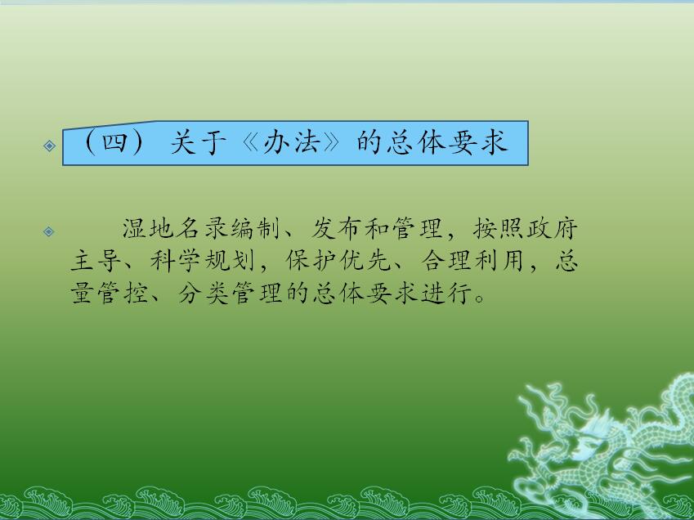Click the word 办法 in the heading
291,142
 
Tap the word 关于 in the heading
198,142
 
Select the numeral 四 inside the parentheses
114,142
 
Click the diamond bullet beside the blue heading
50,146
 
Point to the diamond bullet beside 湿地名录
49,231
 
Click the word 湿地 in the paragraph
148,229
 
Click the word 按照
499,229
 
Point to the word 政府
553,229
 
